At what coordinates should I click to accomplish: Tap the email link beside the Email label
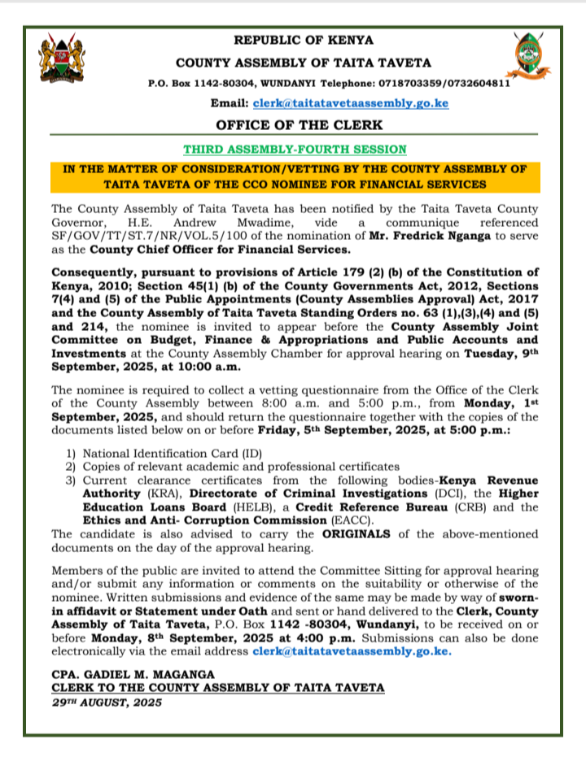tap(351, 104)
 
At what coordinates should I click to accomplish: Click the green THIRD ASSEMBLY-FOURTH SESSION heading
tap(294, 150)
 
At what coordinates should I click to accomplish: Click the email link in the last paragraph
tap(352, 651)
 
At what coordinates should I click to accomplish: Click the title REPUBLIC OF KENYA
tap(304, 40)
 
